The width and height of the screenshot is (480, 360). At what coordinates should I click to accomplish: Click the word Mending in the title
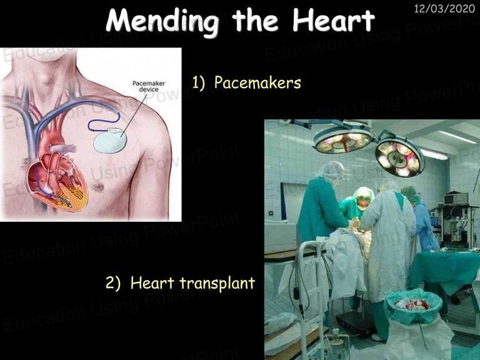coord(162,21)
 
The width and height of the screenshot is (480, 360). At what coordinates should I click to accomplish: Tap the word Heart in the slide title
coord(334,19)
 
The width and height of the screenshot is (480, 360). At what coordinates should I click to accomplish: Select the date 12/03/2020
coord(444,8)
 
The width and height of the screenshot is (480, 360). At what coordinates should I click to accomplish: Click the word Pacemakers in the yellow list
coord(257,82)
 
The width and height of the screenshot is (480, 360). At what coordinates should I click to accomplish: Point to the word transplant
coord(217,283)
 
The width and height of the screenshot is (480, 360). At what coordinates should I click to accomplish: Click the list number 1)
coord(199,82)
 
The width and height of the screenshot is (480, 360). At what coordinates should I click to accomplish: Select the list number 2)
coord(113,283)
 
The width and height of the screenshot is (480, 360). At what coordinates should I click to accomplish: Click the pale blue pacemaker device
coord(110,141)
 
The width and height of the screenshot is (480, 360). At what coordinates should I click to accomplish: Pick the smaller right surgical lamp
coord(400,158)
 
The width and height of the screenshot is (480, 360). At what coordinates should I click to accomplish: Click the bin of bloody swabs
coord(413,306)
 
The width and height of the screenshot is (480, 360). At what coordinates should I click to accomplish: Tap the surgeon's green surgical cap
coord(363,194)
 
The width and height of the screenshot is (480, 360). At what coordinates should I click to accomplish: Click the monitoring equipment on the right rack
coord(456,199)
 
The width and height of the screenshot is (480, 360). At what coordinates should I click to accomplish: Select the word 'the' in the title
coord(255,20)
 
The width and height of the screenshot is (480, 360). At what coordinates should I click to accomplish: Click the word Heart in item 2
coord(152,282)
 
